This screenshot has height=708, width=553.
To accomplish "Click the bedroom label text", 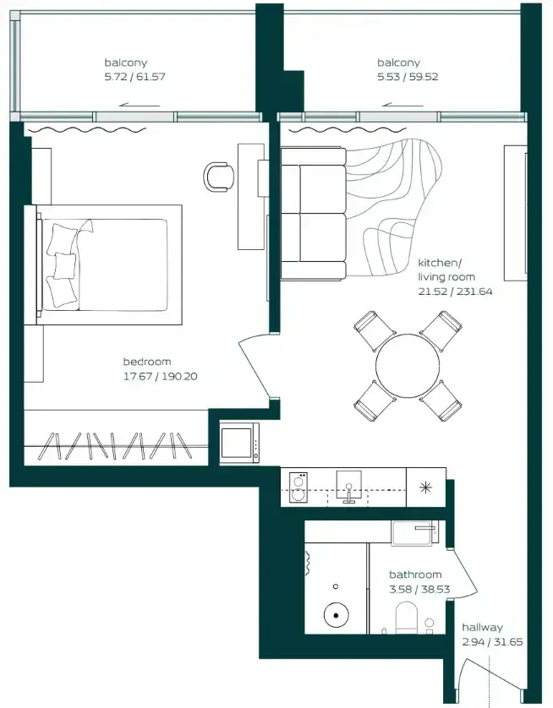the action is pyautogui.click(x=147, y=362).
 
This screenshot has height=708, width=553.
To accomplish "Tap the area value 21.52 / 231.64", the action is pyautogui.click(x=455, y=291).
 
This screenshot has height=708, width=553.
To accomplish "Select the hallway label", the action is pyautogui.click(x=483, y=627).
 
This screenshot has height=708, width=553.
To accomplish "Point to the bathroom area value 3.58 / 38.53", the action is pyautogui.click(x=419, y=589).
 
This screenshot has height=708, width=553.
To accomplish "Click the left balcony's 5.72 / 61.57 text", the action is pyautogui.click(x=134, y=77).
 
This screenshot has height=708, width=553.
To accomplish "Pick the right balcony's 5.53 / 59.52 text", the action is pyautogui.click(x=408, y=77).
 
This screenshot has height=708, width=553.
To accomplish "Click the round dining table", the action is pyautogui.click(x=408, y=365).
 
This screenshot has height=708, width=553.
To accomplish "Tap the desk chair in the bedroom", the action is pyautogui.click(x=219, y=177).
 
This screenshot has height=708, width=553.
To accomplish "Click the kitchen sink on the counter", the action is pyautogui.click(x=348, y=487).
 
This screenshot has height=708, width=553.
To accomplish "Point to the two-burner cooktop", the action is pyautogui.click(x=298, y=487).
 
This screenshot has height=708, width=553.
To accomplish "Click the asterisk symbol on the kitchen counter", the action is pyautogui.click(x=425, y=487).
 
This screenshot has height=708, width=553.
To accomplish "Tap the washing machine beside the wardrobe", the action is pyautogui.click(x=239, y=443).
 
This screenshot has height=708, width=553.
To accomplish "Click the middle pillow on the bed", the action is pyautogui.click(x=65, y=265).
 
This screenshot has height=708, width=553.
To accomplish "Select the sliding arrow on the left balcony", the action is pyautogui.click(x=140, y=106).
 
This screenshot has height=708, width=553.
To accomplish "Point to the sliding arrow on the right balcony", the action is pyautogui.click(x=402, y=106).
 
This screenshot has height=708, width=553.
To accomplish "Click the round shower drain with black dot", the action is pyautogui.click(x=337, y=615).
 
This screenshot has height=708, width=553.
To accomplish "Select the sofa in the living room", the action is pyautogui.click(x=313, y=213).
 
